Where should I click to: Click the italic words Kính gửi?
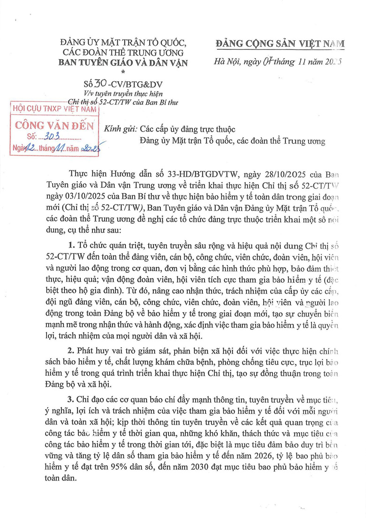[119, 129]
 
